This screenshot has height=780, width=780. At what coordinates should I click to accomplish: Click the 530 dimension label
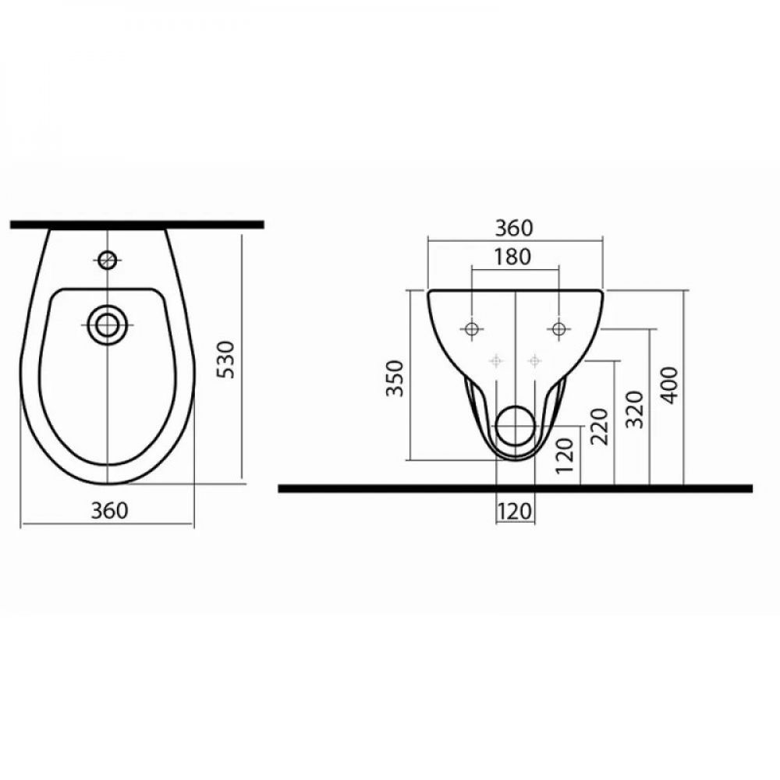coord(226,360)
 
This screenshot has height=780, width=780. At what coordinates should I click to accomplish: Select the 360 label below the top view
coord(109,510)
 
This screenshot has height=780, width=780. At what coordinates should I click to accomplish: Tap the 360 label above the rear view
coord(514,228)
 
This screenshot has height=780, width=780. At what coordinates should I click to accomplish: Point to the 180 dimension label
coord(512,257)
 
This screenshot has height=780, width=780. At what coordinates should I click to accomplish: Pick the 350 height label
coord(395,378)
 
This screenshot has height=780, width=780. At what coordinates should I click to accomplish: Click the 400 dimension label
coord(671,385)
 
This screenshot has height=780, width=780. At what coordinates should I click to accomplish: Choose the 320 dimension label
coord(635,409)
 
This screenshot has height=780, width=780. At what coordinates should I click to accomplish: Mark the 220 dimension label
coord(599,427)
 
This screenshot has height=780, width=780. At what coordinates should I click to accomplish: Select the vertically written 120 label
coord(565,456)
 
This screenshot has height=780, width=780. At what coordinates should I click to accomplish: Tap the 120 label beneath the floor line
coord(515,511)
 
